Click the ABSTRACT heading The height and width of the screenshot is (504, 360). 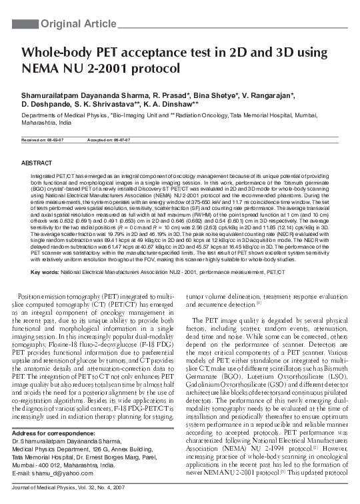coord(37,163)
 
